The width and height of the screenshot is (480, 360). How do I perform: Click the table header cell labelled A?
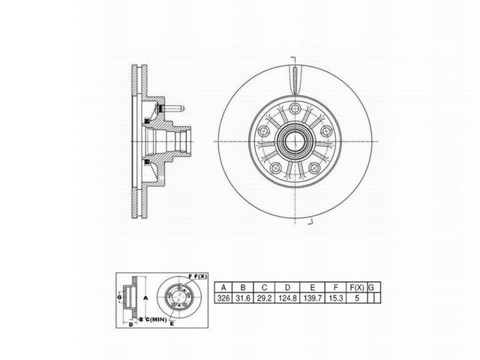[x=223, y=287]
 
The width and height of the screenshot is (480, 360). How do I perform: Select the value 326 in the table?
[x=223, y=298]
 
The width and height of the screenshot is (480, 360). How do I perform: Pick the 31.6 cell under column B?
[x=241, y=298]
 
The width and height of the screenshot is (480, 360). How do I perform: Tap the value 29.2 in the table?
[x=264, y=298]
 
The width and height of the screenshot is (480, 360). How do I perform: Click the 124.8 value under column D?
[x=289, y=298]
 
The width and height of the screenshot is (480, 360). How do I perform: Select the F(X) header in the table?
[x=359, y=287]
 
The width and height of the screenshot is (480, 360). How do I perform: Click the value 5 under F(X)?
[x=359, y=298]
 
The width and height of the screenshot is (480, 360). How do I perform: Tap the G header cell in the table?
[x=373, y=287]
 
